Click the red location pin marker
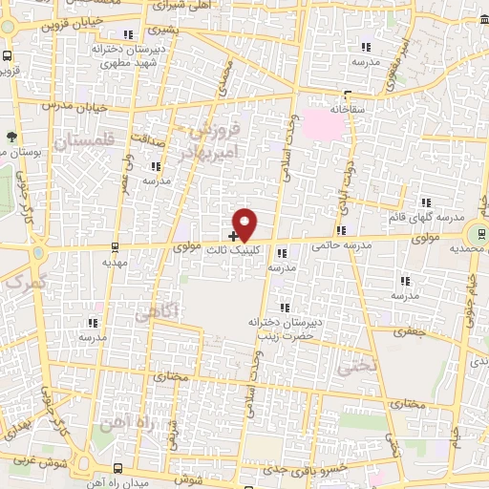click(245, 224)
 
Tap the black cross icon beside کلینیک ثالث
click(234, 235)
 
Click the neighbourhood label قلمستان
click(85, 141)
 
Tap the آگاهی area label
click(155, 312)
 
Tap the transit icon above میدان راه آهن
click(117, 468)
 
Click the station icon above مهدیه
click(115, 245)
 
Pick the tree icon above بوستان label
click(11, 137)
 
